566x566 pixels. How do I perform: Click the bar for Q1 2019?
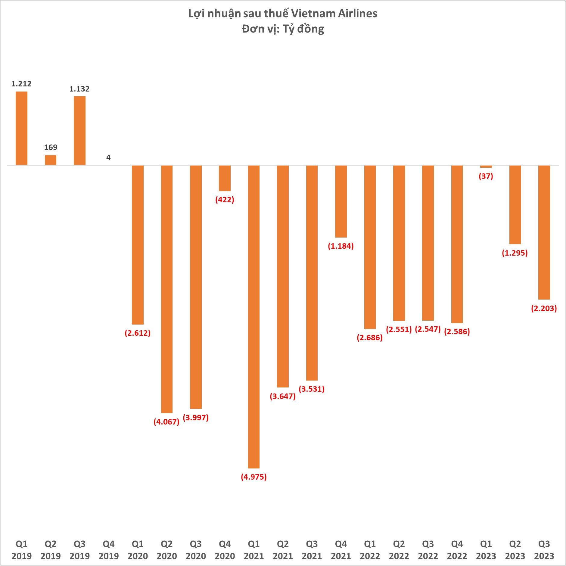pos(21,128)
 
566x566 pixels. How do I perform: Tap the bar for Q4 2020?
pos(225,178)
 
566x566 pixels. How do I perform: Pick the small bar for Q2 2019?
pos(51,160)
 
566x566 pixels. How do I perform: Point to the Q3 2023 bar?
pos(544,232)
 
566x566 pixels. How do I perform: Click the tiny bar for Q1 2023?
pos(486,166)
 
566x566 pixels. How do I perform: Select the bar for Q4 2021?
pos(341,201)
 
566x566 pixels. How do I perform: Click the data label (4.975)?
pos(254,477)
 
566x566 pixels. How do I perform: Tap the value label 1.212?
pos(21,84)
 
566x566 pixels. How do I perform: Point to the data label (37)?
pos(486,176)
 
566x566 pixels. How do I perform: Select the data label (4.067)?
pos(166,422)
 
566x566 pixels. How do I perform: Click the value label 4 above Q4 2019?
pos(108,157)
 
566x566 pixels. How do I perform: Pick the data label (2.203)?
pos(544,308)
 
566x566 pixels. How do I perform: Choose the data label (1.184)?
pos(341,246)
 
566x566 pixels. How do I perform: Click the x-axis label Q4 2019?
pos(109,550)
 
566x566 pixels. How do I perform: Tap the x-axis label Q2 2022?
pos(399,550)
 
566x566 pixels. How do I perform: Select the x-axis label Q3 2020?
pos(196,550)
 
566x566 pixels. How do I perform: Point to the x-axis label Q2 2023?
pos(515,550)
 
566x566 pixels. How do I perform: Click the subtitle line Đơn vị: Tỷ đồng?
pos(283,29)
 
